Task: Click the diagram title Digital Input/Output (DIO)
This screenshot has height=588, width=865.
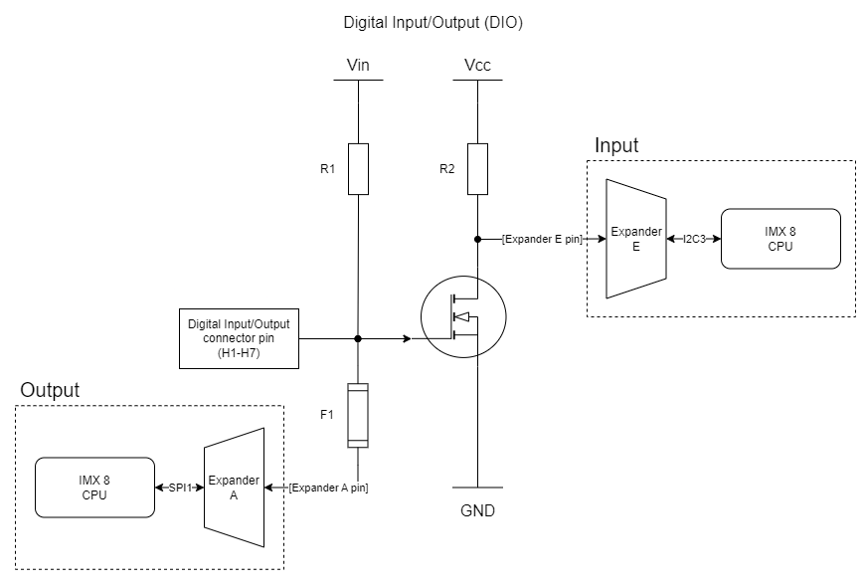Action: pyautogui.click(x=432, y=22)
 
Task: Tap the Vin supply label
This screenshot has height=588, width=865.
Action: pyautogui.click(x=358, y=66)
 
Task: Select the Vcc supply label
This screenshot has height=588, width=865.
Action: pyautogui.click(x=477, y=66)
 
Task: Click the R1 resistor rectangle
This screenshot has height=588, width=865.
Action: pyautogui.click(x=358, y=168)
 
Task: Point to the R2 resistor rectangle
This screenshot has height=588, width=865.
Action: pyautogui.click(x=477, y=168)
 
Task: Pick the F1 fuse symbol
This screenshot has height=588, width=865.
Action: pyautogui.click(x=358, y=415)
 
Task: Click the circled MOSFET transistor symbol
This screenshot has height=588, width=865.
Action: pyautogui.click(x=460, y=318)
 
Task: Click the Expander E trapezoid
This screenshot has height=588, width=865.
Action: pyautogui.click(x=635, y=239)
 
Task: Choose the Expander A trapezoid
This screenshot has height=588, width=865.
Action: pyautogui.click(x=234, y=488)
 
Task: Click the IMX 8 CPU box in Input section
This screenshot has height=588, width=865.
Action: pyautogui.click(x=780, y=239)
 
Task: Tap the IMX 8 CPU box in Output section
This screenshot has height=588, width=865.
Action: pyautogui.click(x=93, y=488)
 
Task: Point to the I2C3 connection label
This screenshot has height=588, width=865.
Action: pyautogui.click(x=693, y=239)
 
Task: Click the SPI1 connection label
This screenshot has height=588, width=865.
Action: pyautogui.click(x=179, y=488)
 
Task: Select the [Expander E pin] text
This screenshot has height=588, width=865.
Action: pyautogui.click(x=543, y=239)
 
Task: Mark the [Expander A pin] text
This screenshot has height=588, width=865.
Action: pyautogui.click(x=329, y=488)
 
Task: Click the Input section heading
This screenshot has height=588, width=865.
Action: pyautogui.click(x=616, y=145)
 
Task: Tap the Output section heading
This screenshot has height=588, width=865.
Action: pyautogui.click(x=50, y=389)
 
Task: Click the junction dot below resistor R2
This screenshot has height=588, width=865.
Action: pyautogui.click(x=477, y=239)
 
